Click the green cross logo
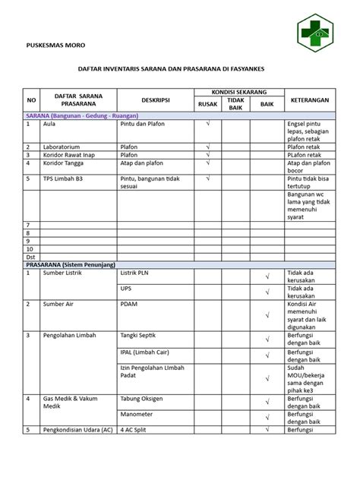[314, 34]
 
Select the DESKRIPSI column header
[154, 99]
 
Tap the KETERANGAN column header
[309, 99]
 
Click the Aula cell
[50, 122]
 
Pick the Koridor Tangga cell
[64, 163]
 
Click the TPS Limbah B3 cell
[65, 179]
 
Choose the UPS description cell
[126, 289]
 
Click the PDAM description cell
[129, 304]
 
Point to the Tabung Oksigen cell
[144, 398]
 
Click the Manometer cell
[137, 414]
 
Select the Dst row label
[31, 257]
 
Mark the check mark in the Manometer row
[267, 417]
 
